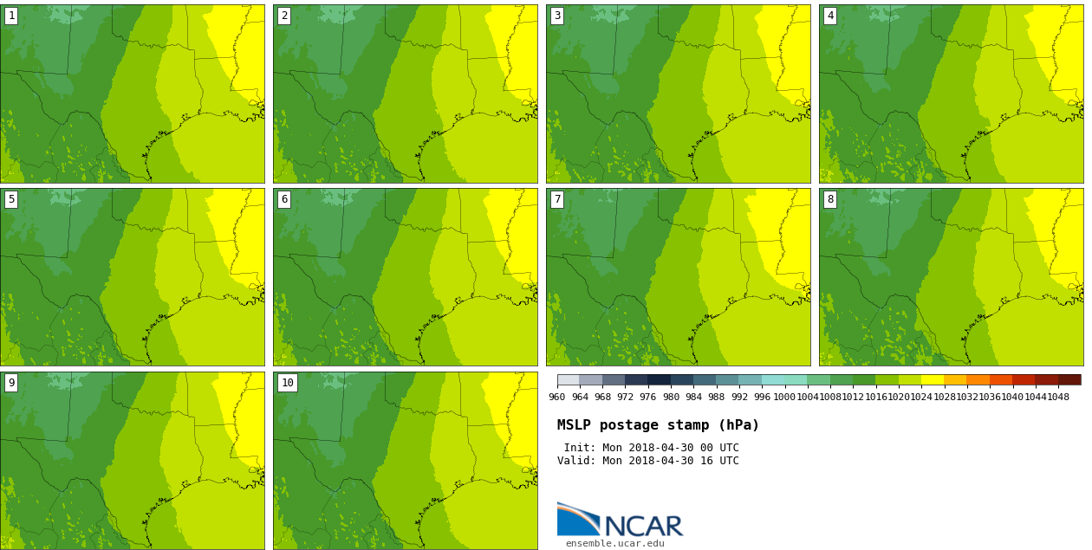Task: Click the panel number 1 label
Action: tap(11, 16)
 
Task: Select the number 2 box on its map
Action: tap(284, 16)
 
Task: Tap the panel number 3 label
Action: tap(557, 16)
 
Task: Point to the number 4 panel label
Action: tap(830, 16)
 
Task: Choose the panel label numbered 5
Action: tap(11, 199)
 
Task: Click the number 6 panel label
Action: tap(284, 199)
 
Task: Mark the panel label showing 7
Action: tap(557, 199)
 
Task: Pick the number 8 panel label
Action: tap(830, 199)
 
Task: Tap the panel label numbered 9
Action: tap(11, 383)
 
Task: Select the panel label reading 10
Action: tap(287, 383)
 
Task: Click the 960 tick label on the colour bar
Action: tap(556, 398)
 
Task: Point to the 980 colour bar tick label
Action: tap(671, 398)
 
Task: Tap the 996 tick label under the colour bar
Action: tap(762, 398)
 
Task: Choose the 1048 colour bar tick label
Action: tap(1058, 398)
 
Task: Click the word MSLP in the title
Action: tap(575, 425)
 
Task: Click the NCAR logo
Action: tap(620, 521)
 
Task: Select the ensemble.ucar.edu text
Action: tap(615, 544)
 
